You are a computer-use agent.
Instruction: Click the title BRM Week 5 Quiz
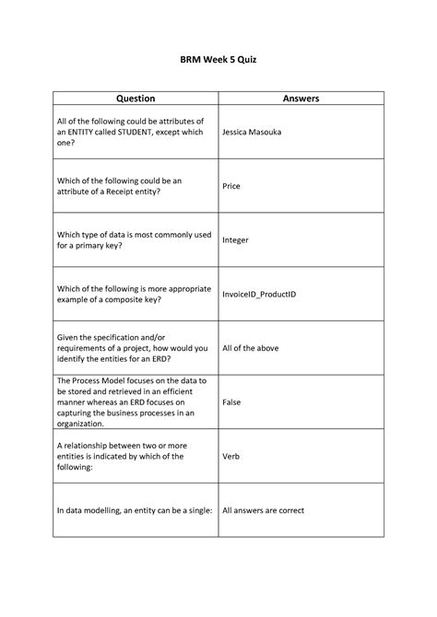pyautogui.click(x=218, y=59)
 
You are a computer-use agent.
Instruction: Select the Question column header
pyautogui.click(x=135, y=98)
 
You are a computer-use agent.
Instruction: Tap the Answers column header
pyautogui.click(x=301, y=98)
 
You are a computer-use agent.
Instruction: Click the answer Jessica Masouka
pyautogui.click(x=252, y=132)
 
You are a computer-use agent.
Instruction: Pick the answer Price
pyautogui.click(x=231, y=185)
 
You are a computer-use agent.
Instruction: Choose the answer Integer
pyautogui.click(x=236, y=239)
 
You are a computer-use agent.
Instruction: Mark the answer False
pyautogui.click(x=232, y=402)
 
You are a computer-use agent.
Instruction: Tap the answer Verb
pyautogui.click(x=232, y=455)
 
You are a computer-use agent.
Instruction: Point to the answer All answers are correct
pyautogui.click(x=263, y=509)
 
